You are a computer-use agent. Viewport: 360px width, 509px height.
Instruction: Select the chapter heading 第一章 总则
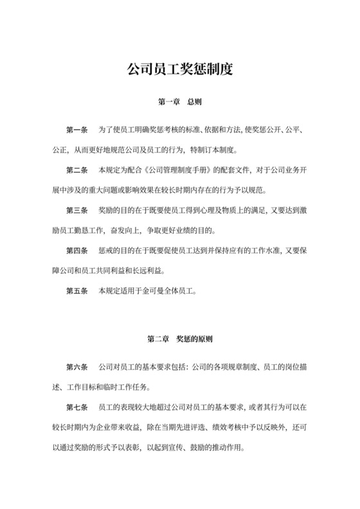coord(180,102)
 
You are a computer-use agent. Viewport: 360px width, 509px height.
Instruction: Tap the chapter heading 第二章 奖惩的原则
coord(180,338)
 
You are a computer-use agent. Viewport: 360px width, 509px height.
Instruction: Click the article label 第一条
coord(77,130)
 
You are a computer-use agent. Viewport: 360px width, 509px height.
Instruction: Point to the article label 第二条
coord(77,171)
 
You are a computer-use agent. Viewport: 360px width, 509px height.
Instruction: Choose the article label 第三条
coord(77,211)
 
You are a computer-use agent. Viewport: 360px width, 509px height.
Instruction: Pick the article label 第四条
coord(77,251)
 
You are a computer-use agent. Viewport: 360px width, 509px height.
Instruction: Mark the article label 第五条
coord(77,290)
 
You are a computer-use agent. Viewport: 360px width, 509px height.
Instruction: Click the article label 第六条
coord(77,367)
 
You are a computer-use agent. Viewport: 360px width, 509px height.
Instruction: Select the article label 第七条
coord(77,407)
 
